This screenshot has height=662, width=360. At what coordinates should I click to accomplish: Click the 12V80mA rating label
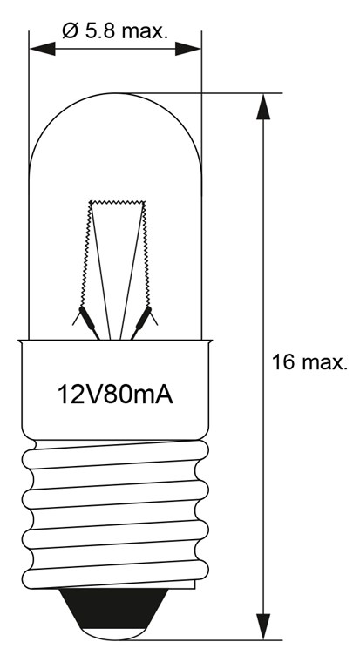(x=115, y=395)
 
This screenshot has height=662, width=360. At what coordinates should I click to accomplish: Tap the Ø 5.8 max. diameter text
(x=115, y=31)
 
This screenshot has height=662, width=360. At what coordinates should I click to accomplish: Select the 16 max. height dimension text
(x=309, y=362)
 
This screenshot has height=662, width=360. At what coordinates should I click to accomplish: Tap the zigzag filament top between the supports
(x=115, y=202)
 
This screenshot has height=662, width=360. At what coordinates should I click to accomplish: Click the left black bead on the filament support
(x=85, y=315)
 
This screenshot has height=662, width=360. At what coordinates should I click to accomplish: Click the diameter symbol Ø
(x=70, y=31)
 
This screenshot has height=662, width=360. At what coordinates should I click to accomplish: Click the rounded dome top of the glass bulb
(x=115, y=95)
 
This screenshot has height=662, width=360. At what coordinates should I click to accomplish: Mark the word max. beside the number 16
(x=323, y=362)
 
